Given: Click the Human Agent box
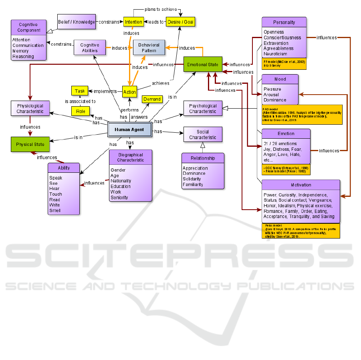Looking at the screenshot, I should click(129, 129).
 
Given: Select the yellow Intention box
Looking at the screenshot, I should click(133, 22).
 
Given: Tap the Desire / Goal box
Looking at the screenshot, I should click(180, 22).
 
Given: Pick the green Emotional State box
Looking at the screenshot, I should click(203, 65).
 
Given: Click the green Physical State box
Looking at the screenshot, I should click(30, 144).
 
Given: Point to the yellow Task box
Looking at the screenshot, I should click(79, 91).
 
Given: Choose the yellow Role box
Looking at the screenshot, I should click(81, 111).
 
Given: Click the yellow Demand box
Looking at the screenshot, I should click(152, 99).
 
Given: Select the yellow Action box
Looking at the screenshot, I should click(130, 92).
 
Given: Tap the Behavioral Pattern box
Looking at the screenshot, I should click(149, 48).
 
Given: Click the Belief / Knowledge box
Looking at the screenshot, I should click(77, 22).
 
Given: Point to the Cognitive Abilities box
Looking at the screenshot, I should click(90, 48).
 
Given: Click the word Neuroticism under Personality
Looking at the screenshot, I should click(275, 54).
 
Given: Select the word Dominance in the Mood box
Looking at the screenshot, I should click(275, 100).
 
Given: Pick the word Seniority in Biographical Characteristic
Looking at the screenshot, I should click(119, 197).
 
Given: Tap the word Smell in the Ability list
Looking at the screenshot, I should click(55, 210).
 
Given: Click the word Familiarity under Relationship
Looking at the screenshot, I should click(193, 184).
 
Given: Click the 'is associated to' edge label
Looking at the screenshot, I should click(80, 101).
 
